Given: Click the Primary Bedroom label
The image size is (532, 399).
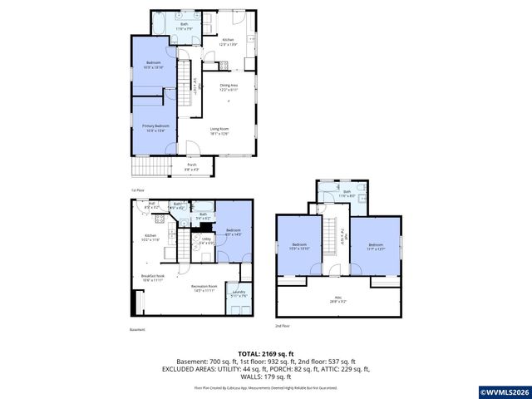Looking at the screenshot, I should [x=155, y=127].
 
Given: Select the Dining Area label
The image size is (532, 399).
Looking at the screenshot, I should [x=229, y=86].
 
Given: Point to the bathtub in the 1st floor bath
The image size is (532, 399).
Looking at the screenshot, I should [x=160, y=26].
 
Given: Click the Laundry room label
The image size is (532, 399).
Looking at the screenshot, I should [x=239, y=293].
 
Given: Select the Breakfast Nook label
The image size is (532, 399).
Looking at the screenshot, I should [x=151, y=278].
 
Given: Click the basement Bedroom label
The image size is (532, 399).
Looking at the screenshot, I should [x=234, y=232].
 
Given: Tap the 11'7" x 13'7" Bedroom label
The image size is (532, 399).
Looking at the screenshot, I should [x=375, y=246].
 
